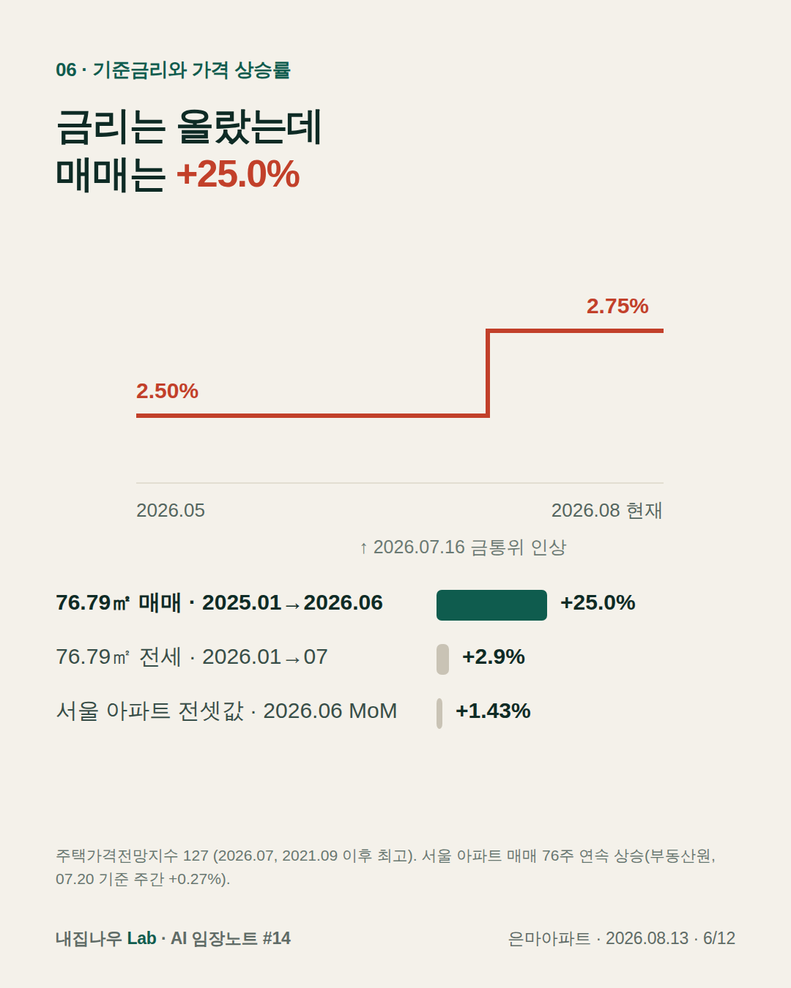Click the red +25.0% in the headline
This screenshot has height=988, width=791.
[238, 174]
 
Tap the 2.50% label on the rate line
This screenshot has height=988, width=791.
[167, 391]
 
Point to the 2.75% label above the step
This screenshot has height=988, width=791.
[617, 306]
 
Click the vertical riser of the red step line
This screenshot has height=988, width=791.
[488, 373]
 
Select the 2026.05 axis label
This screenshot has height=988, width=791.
[171, 511]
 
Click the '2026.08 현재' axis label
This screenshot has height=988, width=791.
[606, 511]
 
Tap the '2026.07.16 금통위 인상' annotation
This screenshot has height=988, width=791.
[463, 547]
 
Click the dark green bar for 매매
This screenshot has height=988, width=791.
[491, 605]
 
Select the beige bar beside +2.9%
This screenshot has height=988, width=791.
[442, 659]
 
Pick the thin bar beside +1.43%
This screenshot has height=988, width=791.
[439, 714]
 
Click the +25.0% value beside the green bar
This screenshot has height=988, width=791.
[598, 603]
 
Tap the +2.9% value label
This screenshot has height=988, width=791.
[493, 657]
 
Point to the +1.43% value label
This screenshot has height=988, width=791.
[493, 711]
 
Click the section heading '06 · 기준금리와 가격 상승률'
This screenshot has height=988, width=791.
[174, 70]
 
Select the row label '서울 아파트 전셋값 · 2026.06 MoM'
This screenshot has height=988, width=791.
[226, 711]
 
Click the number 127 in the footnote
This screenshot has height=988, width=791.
[196, 856]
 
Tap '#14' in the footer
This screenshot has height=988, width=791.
[277, 938]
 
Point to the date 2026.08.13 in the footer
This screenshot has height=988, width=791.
[647, 938]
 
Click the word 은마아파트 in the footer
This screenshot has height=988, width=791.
[549, 938]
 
